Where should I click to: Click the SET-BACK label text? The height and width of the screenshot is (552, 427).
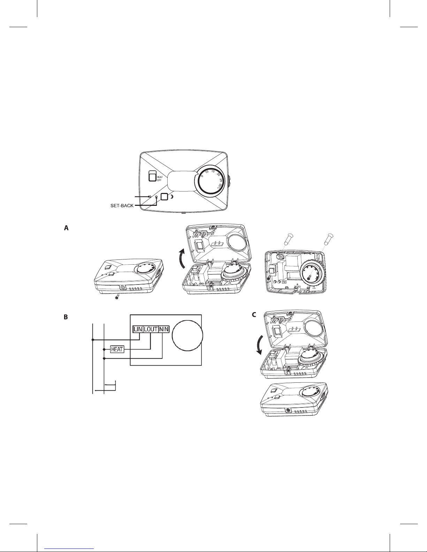[x=122, y=206]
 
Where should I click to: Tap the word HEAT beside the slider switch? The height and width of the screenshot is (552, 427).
[x=160, y=177]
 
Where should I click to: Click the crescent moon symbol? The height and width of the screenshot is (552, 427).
[x=172, y=197]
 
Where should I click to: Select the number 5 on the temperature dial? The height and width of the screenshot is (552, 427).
[x=202, y=176]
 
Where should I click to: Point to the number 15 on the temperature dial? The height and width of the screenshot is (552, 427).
[x=213, y=171]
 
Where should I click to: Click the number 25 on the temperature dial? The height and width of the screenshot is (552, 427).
[x=221, y=180]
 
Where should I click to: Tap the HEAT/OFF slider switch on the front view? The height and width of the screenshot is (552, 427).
[x=152, y=176]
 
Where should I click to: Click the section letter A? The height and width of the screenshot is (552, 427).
[x=66, y=228]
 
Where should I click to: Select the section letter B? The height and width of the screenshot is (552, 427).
[x=66, y=317]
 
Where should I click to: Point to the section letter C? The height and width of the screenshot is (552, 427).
[x=254, y=315]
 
